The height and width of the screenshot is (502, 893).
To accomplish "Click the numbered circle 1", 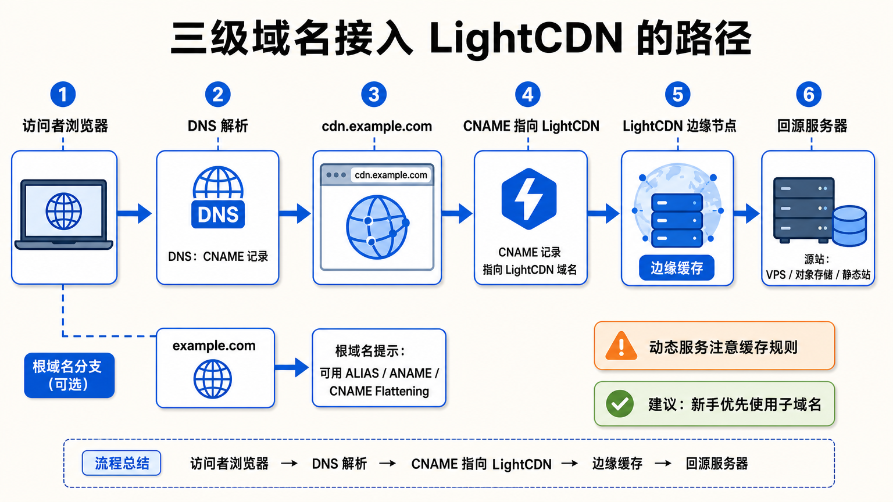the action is click(x=63, y=95).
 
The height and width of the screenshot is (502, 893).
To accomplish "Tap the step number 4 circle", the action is click(x=528, y=95).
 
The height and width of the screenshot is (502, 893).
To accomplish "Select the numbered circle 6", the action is click(x=809, y=95).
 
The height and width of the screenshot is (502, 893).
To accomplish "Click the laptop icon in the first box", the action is click(x=64, y=214).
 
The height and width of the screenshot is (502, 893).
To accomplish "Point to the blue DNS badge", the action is click(x=218, y=214).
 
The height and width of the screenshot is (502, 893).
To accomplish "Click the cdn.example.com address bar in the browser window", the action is click(x=391, y=175).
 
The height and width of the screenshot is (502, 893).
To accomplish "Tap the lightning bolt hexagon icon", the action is click(x=528, y=199).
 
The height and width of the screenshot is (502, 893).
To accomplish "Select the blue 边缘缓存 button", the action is click(x=677, y=268).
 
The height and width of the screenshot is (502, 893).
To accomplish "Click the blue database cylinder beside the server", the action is click(x=849, y=226).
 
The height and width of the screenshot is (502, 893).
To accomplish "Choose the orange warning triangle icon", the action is click(x=621, y=346).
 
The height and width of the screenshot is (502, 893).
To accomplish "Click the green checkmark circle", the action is click(x=620, y=404).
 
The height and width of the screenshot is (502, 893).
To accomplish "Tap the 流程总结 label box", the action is click(x=122, y=463).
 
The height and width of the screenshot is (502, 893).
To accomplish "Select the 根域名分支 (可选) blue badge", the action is click(x=69, y=375).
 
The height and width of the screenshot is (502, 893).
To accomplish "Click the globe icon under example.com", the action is click(x=212, y=379).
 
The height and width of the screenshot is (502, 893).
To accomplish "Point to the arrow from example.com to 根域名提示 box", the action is click(x=291, y=367).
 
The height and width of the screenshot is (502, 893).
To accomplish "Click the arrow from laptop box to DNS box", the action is click(x=134, y=214).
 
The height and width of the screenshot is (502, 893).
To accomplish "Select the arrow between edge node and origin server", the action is click(x=746, y=214).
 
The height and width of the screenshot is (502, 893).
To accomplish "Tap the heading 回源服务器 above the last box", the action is click(x=812, y=126).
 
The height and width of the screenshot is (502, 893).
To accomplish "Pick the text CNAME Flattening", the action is click(x=379, y=391).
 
